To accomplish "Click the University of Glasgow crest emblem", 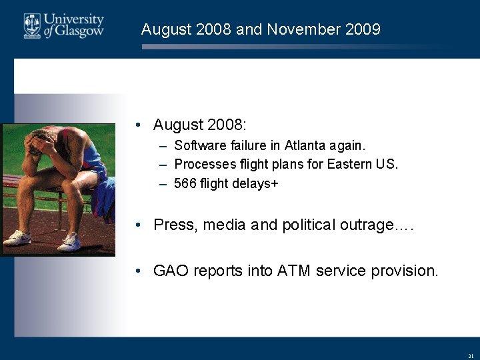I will coord(32,25).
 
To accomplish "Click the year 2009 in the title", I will coord(363,29).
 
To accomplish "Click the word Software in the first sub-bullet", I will coord(199,145).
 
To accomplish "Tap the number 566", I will coord(185,183).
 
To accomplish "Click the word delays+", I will coord(255,183).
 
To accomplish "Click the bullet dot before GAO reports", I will coord(137,271).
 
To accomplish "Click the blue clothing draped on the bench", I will coord(103,197).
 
